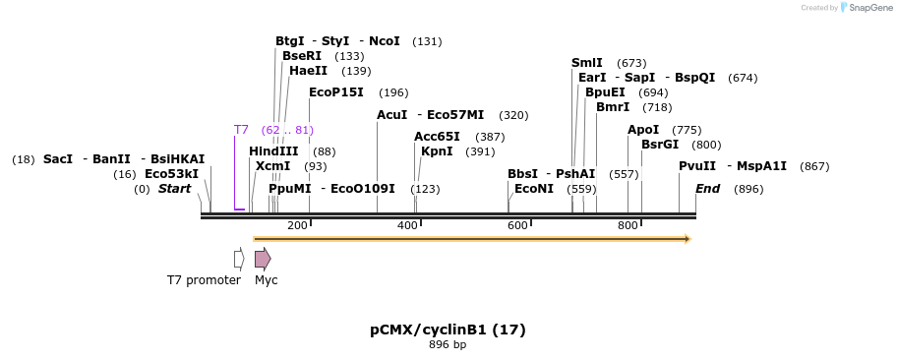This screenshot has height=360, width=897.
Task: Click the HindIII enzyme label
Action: pos(273,151)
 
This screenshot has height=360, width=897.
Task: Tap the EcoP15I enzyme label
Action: pos(336,92)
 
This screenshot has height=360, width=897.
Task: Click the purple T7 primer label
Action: pos(241,130)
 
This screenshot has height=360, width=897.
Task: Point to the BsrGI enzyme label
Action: pos(660,145)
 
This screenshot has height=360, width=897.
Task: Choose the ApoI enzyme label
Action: pos(643,130)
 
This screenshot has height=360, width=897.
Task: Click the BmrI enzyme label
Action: pos(613,107)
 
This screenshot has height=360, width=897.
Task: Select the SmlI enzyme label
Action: pos(587,63)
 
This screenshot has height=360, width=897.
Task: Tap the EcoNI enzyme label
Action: pos(534,189)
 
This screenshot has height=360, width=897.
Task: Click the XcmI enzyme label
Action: pos(273,166)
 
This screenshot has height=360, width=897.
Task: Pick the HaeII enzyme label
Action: pos(309,71)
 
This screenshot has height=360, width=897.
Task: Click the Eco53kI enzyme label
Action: pos(171,174)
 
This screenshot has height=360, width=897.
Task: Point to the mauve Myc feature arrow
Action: pos(263,259)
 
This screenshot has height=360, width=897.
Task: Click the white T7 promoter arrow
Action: pos(239,259)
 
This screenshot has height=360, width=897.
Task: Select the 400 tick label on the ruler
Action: pos(407,226)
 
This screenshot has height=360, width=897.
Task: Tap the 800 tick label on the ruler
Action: pos(628,226)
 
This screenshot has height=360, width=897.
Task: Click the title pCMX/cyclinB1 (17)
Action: pos(448,330)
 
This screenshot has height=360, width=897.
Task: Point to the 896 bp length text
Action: pos(448,345)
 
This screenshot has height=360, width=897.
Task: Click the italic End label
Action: pos(708,189)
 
